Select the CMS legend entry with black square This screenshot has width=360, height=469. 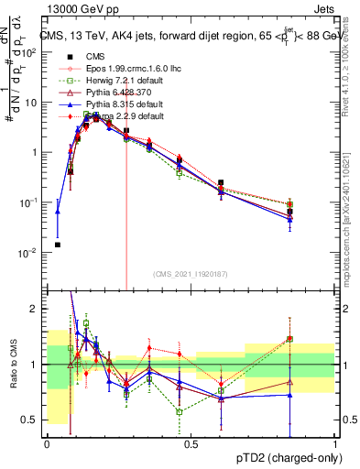92,55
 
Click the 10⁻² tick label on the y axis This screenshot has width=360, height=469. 28,252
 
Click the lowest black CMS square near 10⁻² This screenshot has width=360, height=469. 58,245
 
